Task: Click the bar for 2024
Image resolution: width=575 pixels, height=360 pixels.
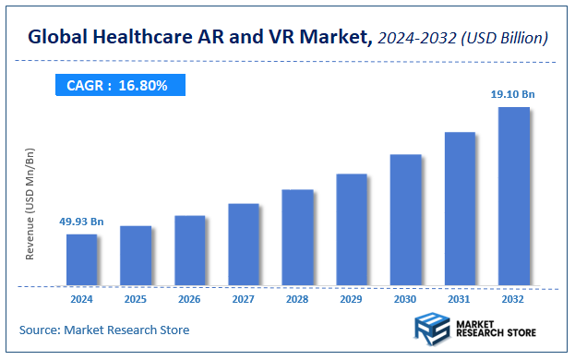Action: (81, 259)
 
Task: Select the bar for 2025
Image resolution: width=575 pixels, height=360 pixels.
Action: (136, 256)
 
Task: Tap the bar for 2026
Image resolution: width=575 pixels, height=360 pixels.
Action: (189, 250)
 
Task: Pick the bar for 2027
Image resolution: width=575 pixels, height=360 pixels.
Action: (244, 245)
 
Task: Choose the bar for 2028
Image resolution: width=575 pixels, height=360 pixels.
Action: (297, 237)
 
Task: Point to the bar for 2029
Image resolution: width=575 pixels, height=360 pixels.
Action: (352, 229)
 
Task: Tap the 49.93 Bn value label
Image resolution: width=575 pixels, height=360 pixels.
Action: (81, 222)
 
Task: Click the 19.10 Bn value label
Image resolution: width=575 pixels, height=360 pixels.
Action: (513, 94)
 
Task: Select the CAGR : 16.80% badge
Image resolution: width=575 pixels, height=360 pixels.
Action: (118, 85)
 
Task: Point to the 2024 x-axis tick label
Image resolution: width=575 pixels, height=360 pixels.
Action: (81, 299)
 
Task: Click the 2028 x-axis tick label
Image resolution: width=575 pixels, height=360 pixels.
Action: (297, 299)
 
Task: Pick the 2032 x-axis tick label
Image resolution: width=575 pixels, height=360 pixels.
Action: (514, 299)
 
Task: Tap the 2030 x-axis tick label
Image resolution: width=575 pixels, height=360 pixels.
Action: (405, 299)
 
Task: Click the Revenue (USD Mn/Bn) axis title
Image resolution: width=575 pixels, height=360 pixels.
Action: (30, 203)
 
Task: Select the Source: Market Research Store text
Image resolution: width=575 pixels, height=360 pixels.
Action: (104, 330)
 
